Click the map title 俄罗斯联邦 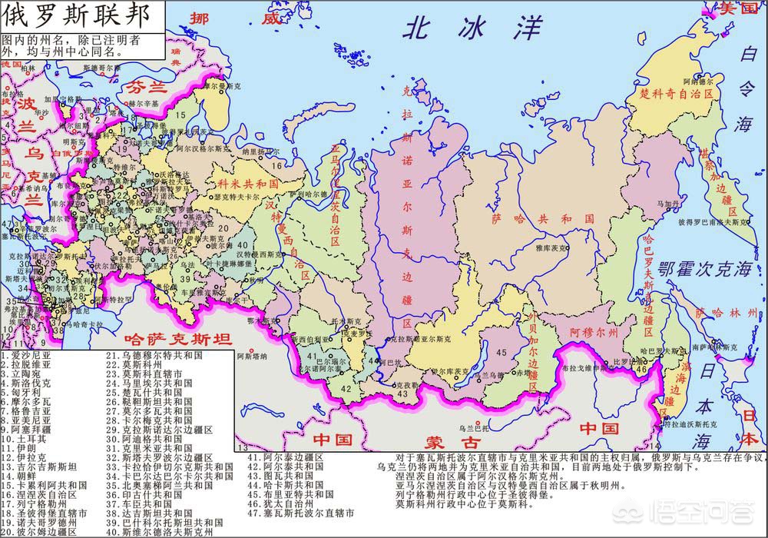[x=73, y=17]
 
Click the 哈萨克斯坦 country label [x=177, y=339]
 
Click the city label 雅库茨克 [x=551, y=248]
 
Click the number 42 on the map [x=346, y=388]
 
